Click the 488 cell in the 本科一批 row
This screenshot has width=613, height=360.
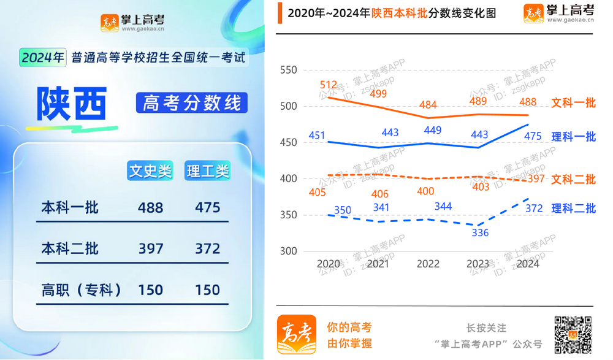[x=150, y=207]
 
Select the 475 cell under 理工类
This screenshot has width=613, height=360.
[x=207, y=207]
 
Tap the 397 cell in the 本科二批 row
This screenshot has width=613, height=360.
[x=150, y=248]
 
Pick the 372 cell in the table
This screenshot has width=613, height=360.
[x=207, y=248]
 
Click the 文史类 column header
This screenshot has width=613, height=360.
[x=150, y=171]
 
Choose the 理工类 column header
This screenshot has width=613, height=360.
[x=207, y=171]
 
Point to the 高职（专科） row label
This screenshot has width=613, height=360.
[x=81, y=289]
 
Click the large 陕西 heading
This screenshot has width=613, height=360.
[x=72, y=104]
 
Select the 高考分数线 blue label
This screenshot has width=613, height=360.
[x=191, y=103]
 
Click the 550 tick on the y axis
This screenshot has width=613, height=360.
[x=287, y=71]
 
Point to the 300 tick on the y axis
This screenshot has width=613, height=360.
[x=287, y=251]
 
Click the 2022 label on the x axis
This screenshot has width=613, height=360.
[x=428, y=264]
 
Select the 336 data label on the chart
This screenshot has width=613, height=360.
[x=480, y=232]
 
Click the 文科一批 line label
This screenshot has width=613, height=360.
[x=573, y=103]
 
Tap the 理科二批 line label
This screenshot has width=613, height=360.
[x=573, y=209]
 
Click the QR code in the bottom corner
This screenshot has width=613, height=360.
[x=573, y=334]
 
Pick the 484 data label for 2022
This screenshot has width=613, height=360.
[x=428, y=105]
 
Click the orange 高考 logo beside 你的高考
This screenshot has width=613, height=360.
[x=297, y=334]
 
